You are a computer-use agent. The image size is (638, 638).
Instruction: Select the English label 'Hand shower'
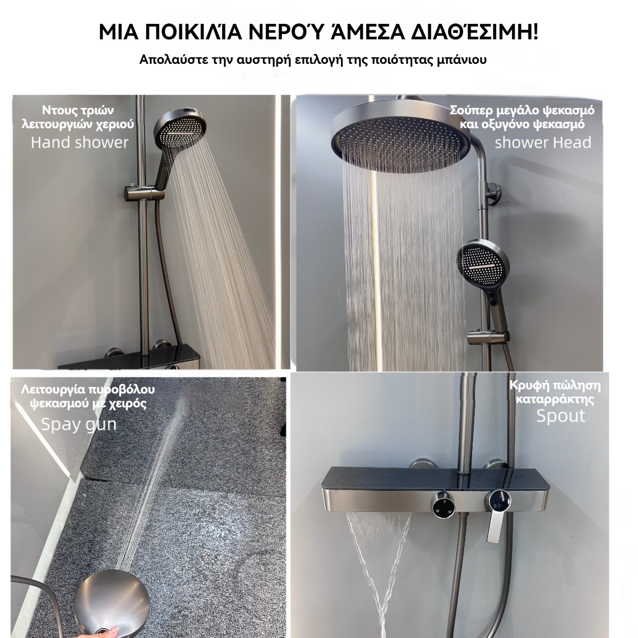coord(79,142)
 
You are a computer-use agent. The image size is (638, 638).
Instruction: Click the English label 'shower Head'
coord(543,142)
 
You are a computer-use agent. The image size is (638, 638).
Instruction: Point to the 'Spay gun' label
coord(79,424)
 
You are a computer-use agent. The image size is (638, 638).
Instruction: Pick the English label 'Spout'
coord(560,416)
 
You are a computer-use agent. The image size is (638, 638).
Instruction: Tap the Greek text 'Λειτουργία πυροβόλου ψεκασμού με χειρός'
coord(88,396)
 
